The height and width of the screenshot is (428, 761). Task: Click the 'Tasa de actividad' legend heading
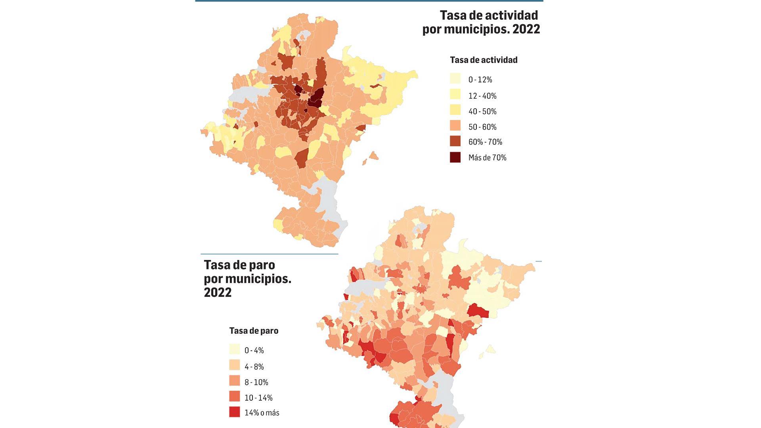pyautogui.click(x=484, y=60)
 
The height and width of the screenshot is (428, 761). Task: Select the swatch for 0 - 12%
pyautogui.click(x=455, y=79)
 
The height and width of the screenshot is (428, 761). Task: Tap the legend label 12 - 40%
pyautogui.click(x=482, y=96)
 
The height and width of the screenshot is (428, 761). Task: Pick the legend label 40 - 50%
pyautogui.click(x=482, y=111)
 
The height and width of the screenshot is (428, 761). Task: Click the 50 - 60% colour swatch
pyautogui.click(x=455, y=126)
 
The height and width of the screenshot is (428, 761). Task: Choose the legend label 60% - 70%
pyautogui.click(x=485, y=142)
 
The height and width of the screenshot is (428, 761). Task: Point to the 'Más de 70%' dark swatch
pyautogui.click(x=455, y=157)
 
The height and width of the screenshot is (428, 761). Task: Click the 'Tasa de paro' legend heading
pyautogui.click(x=254, y=331)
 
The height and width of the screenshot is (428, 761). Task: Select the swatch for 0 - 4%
pyautogui.click(x=235, y=350)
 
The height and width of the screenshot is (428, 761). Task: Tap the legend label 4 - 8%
pyautogui.click(x=254, y=367)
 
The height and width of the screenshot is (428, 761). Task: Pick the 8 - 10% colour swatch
pyautogui.click(x=235, y=382)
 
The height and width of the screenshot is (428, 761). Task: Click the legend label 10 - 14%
pyautogui.click(x=258, y=397)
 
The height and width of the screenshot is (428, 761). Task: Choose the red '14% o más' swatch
pyautogui.click(x=235, y=412)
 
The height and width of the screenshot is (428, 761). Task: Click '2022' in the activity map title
pyautogui.click(x=526, y=29)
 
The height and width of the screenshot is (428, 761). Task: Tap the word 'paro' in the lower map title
pyautogui.click(x=260, y=265)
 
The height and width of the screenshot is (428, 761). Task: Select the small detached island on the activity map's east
pyautogui.click(x=373, y=156)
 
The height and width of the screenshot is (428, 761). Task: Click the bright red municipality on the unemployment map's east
pyautogui.click(x=477, y=311)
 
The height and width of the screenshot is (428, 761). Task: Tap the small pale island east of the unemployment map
pyautogui.click(x=491, y=349)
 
